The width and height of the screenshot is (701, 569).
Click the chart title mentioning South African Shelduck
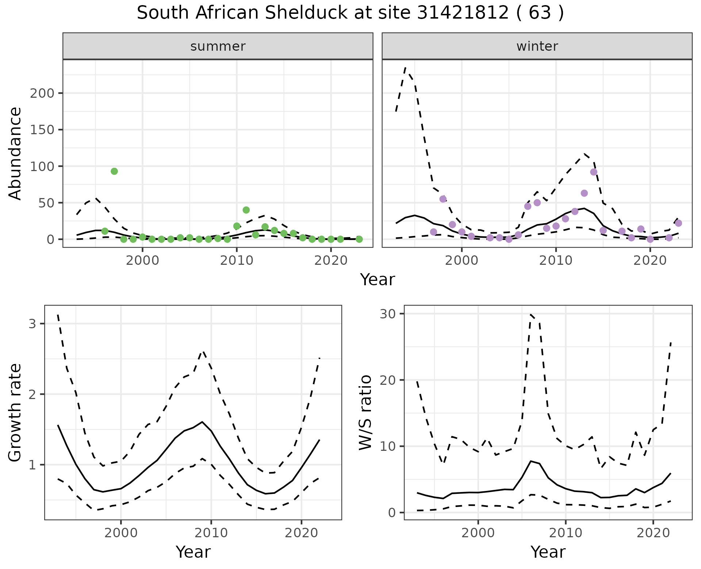(x=350, y=13)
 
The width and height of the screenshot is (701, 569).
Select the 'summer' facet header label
(x=218, y=46)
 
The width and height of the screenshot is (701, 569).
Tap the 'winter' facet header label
(x=537, y=46)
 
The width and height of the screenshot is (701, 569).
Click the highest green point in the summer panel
(x=114, y=171)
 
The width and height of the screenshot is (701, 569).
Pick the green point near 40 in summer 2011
(x=246, y=210)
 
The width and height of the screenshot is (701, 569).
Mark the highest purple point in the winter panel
(x=594, y=172)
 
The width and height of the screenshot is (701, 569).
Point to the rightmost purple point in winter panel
(x=678, y=223)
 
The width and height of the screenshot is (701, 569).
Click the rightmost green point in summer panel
(x=359, y=239)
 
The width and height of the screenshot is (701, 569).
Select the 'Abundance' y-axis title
(x=15, y=153)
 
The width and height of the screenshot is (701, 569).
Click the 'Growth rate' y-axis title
(x=15, y=412)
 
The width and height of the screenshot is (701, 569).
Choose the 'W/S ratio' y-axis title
(x=365, y=412)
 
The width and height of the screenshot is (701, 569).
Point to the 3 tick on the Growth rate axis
(x=32, y=324)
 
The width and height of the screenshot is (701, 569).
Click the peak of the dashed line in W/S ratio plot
(x=530, y=314)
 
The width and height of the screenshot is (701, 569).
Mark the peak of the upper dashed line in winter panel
(x=406, y=67)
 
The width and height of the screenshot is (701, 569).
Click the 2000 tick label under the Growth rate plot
(x=121, y=533)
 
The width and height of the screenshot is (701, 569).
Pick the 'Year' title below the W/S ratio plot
(x=548, y=552)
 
